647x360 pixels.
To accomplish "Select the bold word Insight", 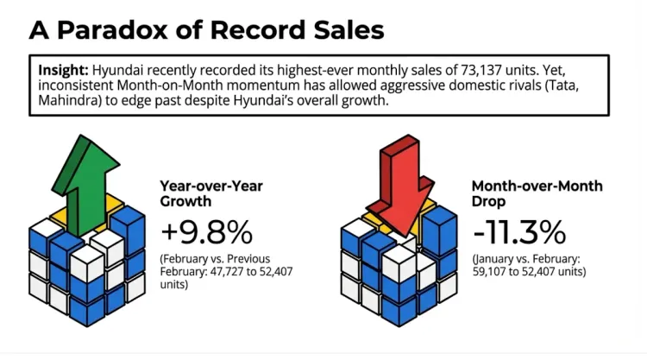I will [62, 69].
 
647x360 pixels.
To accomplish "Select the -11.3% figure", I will [518, 231].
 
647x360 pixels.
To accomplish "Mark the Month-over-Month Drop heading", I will [525, 194].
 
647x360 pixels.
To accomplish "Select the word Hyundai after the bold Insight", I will [120, 69].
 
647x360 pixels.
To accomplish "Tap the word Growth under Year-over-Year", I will [185, 203].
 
